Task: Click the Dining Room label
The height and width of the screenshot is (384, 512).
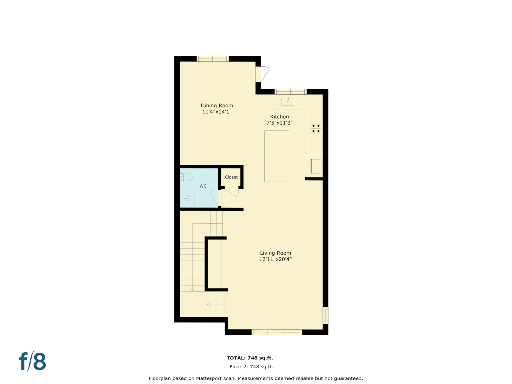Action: click(217, 105)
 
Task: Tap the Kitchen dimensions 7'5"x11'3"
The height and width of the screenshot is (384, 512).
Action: click(279, 123)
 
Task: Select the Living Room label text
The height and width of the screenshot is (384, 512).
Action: click(275, 253)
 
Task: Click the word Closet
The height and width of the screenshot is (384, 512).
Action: click(231, 177)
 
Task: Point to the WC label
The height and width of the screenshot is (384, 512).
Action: click(203, 186)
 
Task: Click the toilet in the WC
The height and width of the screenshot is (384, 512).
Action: click(186, 177)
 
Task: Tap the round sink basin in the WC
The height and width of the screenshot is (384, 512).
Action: click(188, 198)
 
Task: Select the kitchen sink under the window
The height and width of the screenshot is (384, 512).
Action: click(288, 101)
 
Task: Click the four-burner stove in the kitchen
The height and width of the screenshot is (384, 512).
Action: click(315, 128)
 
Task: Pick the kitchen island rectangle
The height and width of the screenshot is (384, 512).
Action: click(276, 156)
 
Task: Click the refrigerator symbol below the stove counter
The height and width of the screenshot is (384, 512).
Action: click(316, 166)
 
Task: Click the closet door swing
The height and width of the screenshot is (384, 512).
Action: click(232, 192)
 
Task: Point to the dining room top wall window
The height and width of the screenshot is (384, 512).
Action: click(212, 59)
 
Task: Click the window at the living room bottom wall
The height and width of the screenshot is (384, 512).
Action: click(276, 332)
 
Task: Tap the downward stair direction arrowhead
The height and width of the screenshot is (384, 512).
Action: click(192, 289)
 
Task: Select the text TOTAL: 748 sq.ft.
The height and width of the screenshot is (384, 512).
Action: click(249, 358)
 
